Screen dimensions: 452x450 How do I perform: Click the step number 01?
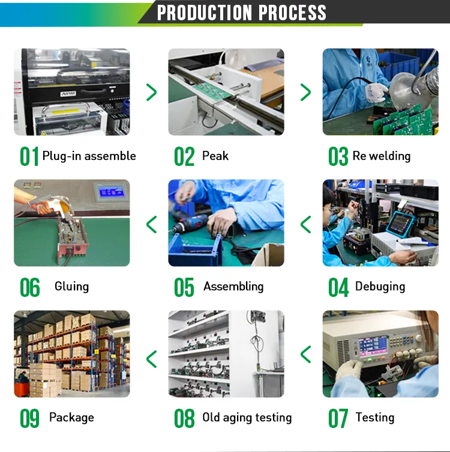29,156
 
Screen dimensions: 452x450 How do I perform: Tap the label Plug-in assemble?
89,156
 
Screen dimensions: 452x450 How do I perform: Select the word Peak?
215,156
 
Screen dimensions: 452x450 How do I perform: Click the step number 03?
338,157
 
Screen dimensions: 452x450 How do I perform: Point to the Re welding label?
382,156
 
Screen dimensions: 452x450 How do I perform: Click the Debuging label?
380,287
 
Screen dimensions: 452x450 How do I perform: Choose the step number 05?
184,287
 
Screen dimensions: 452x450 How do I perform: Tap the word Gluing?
71,287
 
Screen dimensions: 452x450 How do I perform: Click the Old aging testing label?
247,418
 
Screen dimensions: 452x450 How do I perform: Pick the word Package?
71,418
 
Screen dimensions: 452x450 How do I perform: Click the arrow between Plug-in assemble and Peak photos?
151,92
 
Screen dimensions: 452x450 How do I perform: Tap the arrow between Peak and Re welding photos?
305,92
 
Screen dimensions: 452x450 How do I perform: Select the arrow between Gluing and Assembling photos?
151,224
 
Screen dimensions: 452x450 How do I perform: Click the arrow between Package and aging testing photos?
151,359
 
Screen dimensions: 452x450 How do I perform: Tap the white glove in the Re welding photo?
377,91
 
